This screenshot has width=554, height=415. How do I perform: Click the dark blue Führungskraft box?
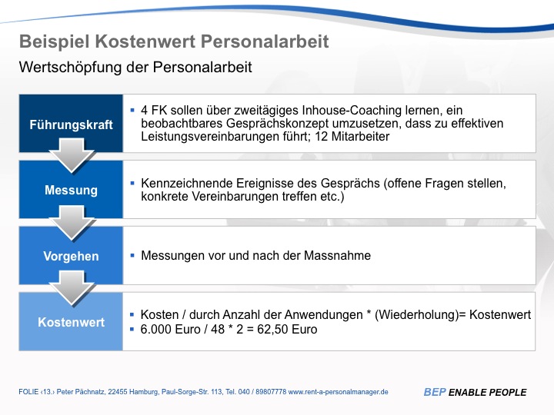click(71, 124)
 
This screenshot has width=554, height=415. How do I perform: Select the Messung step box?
click(71, 190)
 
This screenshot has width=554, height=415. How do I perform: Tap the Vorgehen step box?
click(71, 256)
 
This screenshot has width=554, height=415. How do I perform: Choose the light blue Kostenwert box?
click(71, 322)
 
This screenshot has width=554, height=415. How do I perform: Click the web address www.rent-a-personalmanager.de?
click(339, 392)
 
